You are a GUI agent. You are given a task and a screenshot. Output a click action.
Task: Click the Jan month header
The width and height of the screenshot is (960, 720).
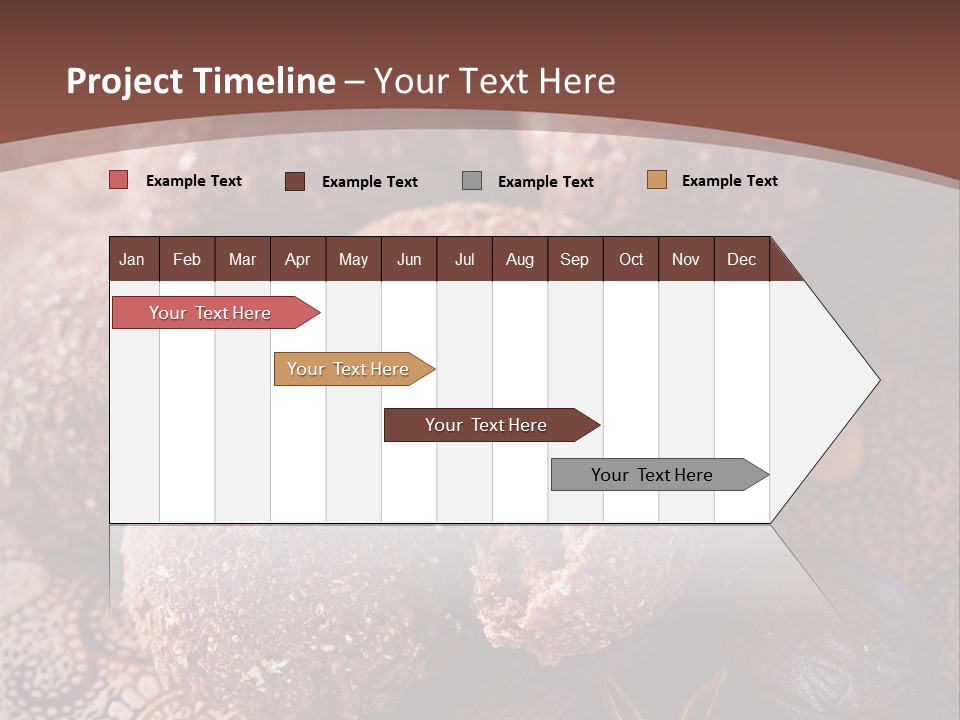tap(132, 259)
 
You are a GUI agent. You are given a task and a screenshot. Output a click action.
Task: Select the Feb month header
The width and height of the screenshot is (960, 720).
tap(187, 259)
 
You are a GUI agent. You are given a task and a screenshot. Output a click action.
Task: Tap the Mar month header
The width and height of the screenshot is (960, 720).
tap(242, 259)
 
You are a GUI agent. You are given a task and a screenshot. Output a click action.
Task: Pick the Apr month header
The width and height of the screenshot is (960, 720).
tap(297, 259)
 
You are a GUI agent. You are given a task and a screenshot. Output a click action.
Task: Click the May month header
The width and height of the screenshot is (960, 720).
tap(353, 259)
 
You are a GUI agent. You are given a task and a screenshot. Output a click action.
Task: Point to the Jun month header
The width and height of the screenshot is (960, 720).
tap(409, 259)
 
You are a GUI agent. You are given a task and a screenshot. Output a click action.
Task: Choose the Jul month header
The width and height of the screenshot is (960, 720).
tap(464, 259)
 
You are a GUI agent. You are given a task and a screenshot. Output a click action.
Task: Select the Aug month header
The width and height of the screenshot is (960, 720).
tap(519, 259)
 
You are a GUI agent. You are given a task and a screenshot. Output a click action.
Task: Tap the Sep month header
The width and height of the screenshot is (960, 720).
tap(574, 259)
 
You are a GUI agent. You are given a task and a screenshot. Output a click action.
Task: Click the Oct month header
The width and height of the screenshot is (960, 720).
tap(631, 259)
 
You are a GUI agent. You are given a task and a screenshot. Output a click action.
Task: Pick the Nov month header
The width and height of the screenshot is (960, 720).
tap(686, 259)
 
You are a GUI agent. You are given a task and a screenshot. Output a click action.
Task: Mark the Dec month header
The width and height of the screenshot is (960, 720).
tap(741, 259)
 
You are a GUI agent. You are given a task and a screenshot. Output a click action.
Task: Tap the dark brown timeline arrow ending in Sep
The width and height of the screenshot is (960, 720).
tap(487, 425)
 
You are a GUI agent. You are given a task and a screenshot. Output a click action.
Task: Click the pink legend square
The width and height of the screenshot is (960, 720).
tap(119, 180)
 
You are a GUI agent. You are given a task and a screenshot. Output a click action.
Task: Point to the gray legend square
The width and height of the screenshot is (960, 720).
tap(472, 181)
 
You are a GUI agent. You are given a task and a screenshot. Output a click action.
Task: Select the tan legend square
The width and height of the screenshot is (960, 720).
tap(657, 180)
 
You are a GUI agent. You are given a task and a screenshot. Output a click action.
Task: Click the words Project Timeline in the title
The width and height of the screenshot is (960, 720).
tap(201, 81)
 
